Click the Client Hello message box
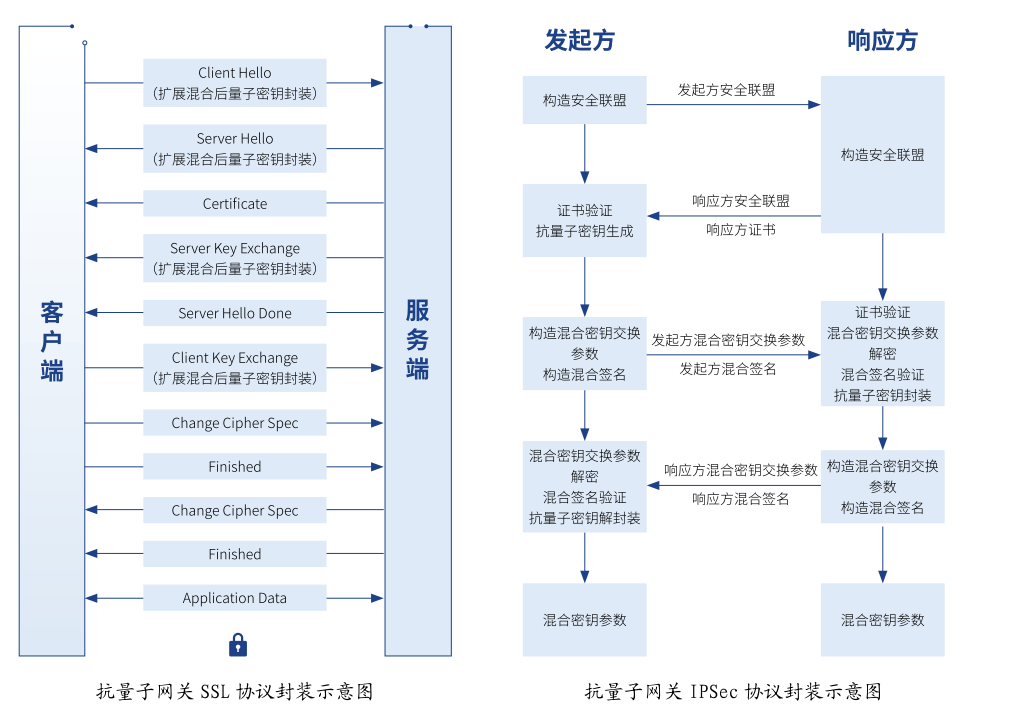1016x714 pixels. [235, 83]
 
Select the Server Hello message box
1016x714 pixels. [235, 149]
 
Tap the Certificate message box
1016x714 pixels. [235, 204]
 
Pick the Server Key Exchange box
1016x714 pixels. [235, 259]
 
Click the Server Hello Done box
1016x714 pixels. [235, 313]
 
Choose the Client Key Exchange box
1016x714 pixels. [235, 368]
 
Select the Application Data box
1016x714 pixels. [235, 598]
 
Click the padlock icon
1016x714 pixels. [238, 644]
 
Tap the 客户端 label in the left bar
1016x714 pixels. [52, 341]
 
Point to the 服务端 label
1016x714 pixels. [417, 341]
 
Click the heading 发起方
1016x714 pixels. [579, 40]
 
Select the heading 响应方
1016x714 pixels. [882, 40]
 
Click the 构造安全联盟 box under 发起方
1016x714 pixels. [585, 100]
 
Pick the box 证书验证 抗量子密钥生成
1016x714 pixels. [585, 221]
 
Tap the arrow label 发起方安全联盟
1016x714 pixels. [726, 90]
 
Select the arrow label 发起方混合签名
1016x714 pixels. [728, 369]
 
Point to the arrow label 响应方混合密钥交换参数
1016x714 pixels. [741, 470]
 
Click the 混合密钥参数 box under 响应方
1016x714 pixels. [882, 620]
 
